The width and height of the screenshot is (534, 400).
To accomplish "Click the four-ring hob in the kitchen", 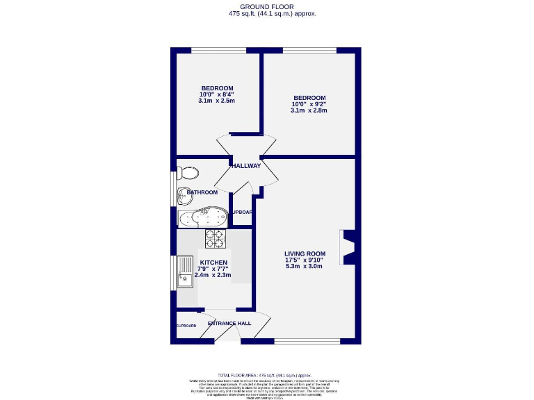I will pyautogui.click(x=216, y=238).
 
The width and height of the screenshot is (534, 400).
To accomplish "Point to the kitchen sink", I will pyautogui.click(x=185, y=272).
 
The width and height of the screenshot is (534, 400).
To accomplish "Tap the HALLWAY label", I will pyautogui.click(x=246, y=166).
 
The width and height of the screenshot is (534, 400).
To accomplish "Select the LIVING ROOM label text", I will pyautogui.click(x=305, y=253).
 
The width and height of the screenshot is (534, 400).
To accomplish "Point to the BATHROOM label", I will pyautogui.click(x=202, y=192).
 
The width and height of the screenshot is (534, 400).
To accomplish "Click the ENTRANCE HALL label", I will pyautogui.click(x=229, y=324).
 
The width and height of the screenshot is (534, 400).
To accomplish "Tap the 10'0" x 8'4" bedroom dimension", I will pyautogui.click(x=216, y=94).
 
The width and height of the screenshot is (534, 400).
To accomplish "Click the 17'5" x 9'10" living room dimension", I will pyautogui.click(x=305, y=260).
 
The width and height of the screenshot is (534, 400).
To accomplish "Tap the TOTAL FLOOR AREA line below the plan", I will pyautogui.click(x=267, y=375).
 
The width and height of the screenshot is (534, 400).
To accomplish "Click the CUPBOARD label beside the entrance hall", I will pyautogui.click(x=186, y=326).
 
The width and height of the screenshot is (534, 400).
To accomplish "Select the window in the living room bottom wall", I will pyautogui.click(x=307, y=341).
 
